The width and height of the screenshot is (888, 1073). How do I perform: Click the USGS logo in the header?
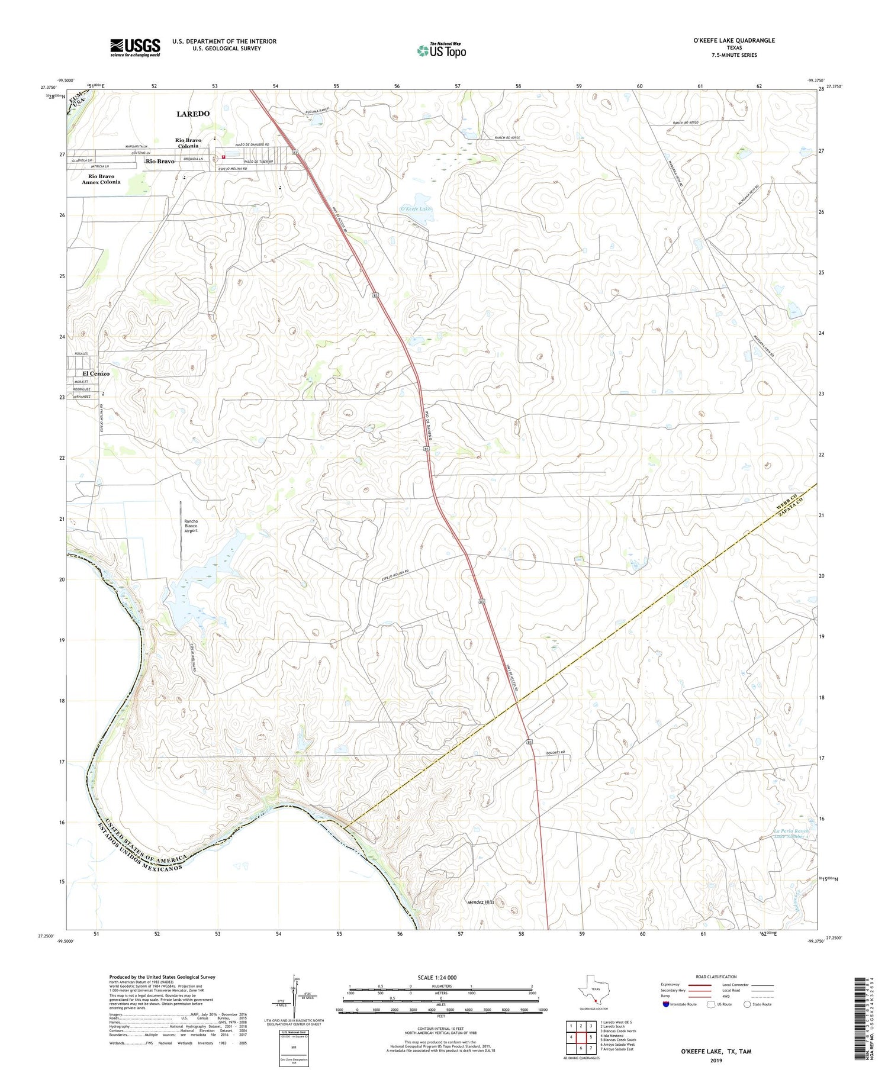(135, 47)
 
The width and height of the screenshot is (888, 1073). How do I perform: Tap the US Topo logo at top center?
(441, 51)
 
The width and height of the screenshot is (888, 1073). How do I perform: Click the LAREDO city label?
(193, 114)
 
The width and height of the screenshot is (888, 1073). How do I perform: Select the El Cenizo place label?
(96, 373)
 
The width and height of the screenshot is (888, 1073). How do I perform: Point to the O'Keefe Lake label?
(417, 209)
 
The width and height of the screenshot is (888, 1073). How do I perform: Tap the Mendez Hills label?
(480, 902)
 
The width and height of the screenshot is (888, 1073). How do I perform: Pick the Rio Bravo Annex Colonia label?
(101, 179)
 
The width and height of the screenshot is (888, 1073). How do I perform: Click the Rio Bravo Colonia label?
(188, 143)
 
